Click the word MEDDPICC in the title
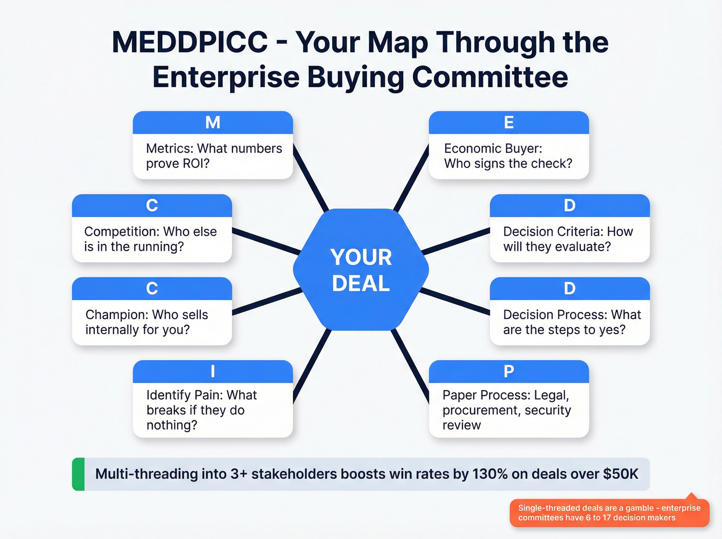(189, 42)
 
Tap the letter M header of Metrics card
(212, 122)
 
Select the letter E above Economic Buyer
(508, 122)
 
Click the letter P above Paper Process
(508, 371)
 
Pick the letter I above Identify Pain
(212, 371)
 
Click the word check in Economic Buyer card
(554, 164)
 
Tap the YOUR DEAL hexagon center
(361, 270)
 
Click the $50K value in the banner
(621, 474)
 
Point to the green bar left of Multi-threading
(78, 474)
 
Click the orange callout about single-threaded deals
(609, 513)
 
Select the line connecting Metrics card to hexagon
(311, 178)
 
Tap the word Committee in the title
(490, 77)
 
